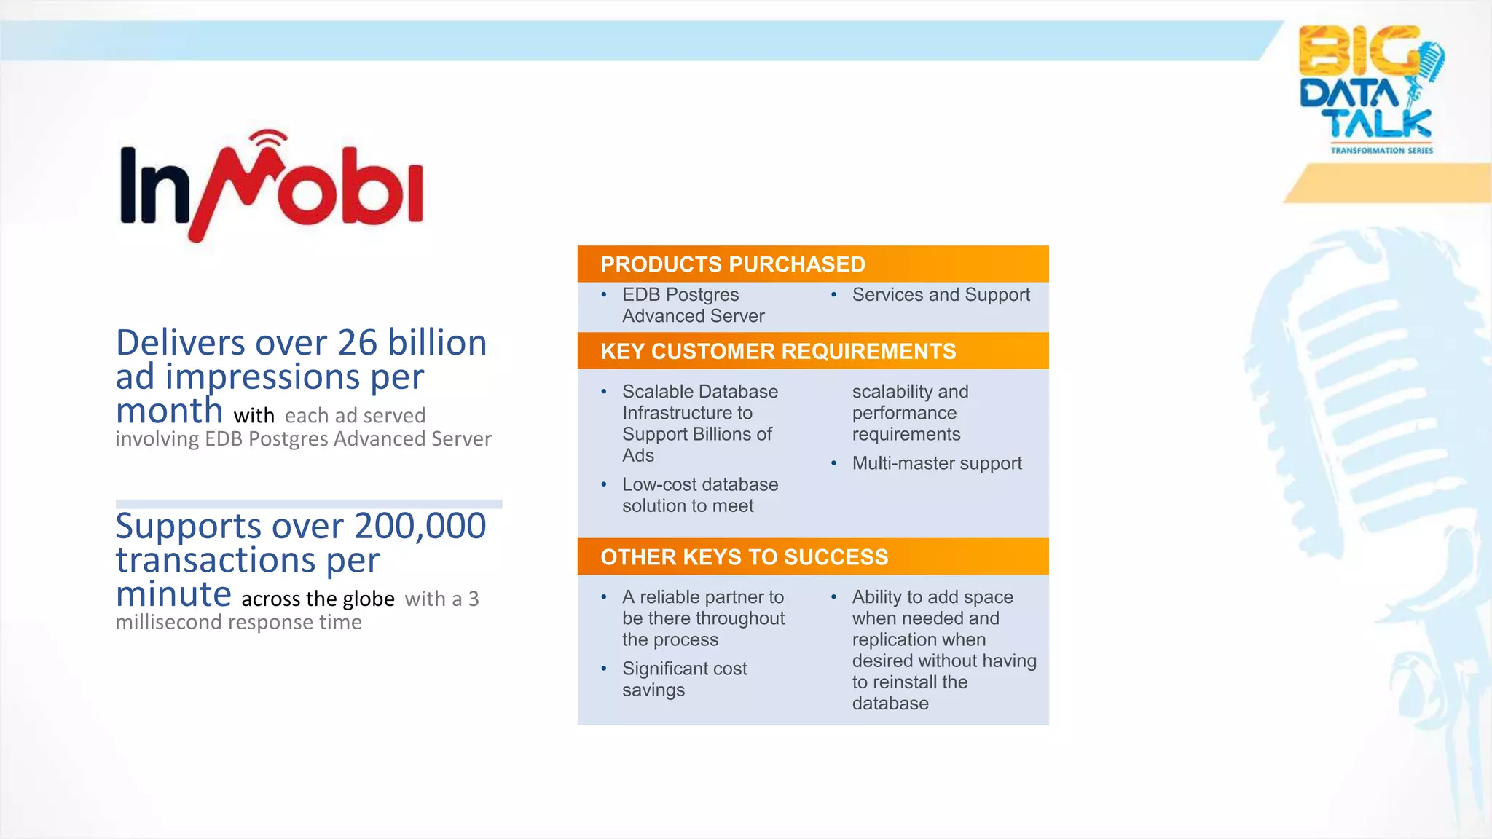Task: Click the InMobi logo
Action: (271, 187)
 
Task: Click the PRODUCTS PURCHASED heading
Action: (732, 264)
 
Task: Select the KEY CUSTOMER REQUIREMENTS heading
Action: (777, 352)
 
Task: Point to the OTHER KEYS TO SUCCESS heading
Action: (744, 557)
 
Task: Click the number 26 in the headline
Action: (357, 343)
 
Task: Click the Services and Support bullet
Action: (941, 295)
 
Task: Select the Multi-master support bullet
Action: (936, 463)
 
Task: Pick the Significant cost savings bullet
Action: (684, 679)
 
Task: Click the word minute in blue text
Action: (173, 594)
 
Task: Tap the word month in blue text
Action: (169, 411)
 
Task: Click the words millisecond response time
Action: (238, 623)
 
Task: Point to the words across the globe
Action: (318, 599)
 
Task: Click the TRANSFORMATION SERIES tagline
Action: (1381, 151)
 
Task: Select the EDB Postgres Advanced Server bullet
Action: (692, 305)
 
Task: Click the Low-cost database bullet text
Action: (699, 495)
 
